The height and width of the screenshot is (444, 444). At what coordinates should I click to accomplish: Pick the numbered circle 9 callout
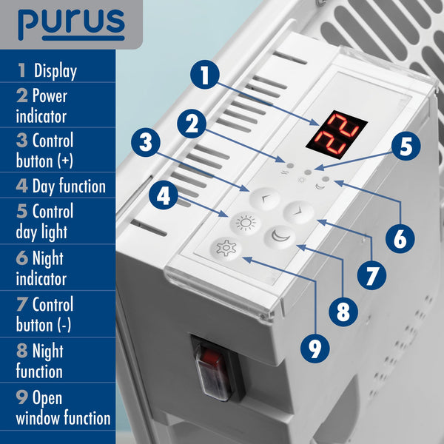point(316,346)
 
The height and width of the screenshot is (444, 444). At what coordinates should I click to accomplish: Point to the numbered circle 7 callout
point(371,273)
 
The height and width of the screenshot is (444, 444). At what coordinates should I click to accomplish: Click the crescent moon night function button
point(281,237)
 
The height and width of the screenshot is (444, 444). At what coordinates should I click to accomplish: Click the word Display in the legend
point(55,72)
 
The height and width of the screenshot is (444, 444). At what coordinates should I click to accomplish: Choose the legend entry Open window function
point(63,407)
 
